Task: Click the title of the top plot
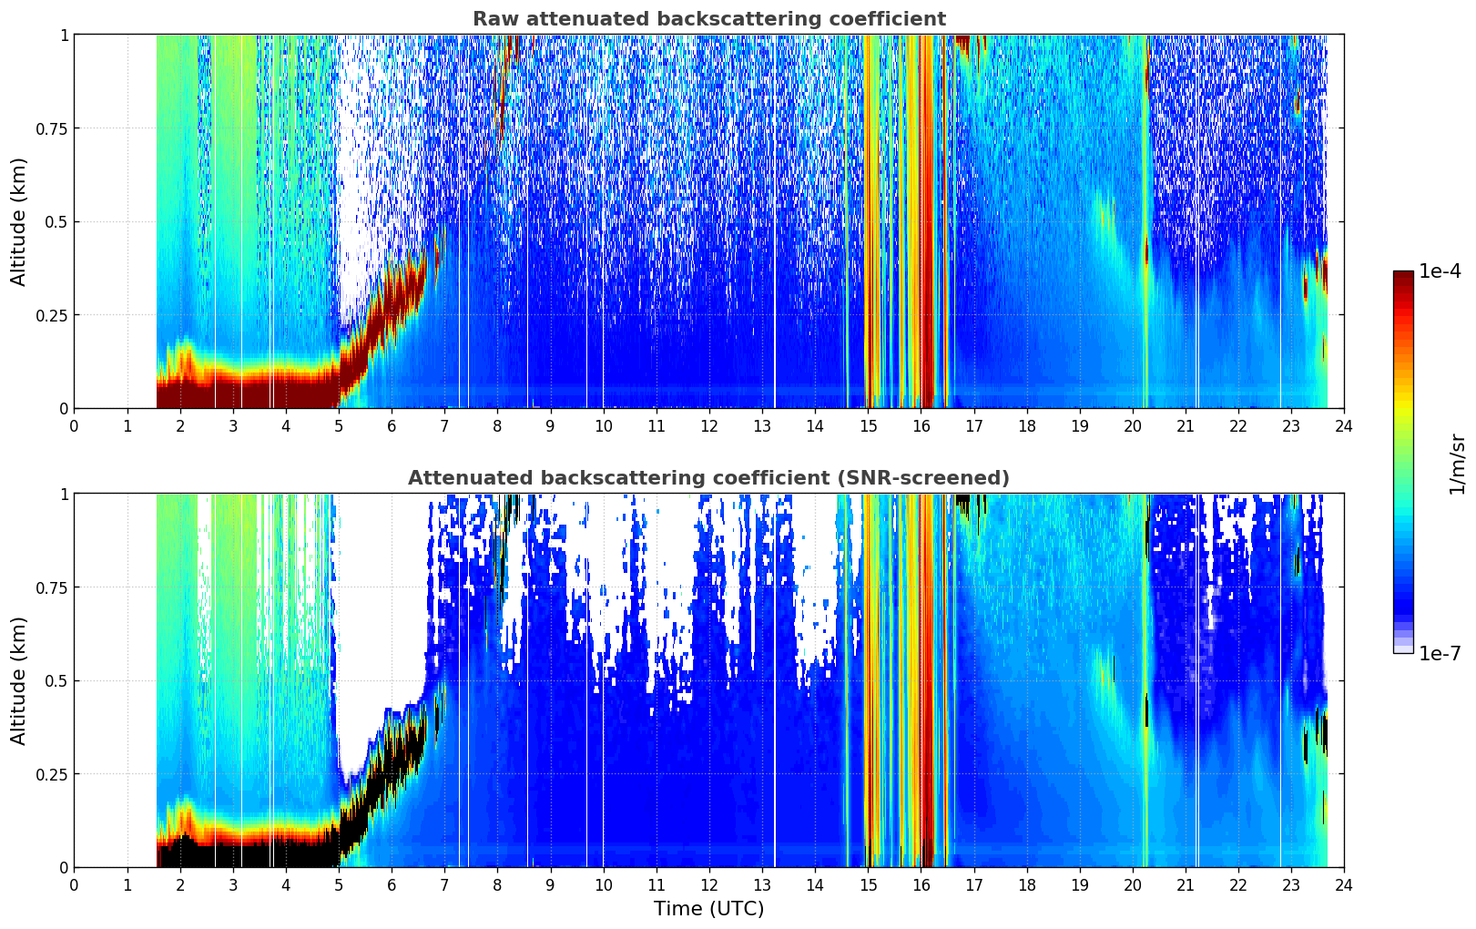pyautogui.click(x=709, y=19)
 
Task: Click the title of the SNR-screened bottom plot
pyautogui.click(x=709, y=477)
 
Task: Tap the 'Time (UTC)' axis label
pyautogui.click(x=709, y=909)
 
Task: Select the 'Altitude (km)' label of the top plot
pyautogui.click(x=18, y=221)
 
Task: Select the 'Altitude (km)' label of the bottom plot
pyautogui.click(x=18, y=680)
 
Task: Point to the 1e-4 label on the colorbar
pyautogui.click(x=1439, y=271)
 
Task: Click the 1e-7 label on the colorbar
pyautogui.click(x=1439, y=654)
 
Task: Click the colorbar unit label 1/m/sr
pyautogui.click(x=1457, y=464)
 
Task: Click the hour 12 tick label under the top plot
pyautogui.click(x=709, y=426)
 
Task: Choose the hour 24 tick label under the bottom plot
pyautogui.click(x=1344, y=885)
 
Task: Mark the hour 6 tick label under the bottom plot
pyautogui.click(x=392, y=885)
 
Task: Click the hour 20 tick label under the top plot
pyautogui.click(x=1133, y=426)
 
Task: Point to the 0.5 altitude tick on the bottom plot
pyautogui.click(x=56, y=680)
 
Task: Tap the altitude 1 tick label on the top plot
pyautogui.click(x=65, y=36)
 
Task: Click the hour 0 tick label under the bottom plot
pyautogui.click(x=74, y=885)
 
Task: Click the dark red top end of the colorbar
pyautogui.click(x=1403, y=275)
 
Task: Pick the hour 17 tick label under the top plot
pyautogui.click(x=974, y=426)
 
